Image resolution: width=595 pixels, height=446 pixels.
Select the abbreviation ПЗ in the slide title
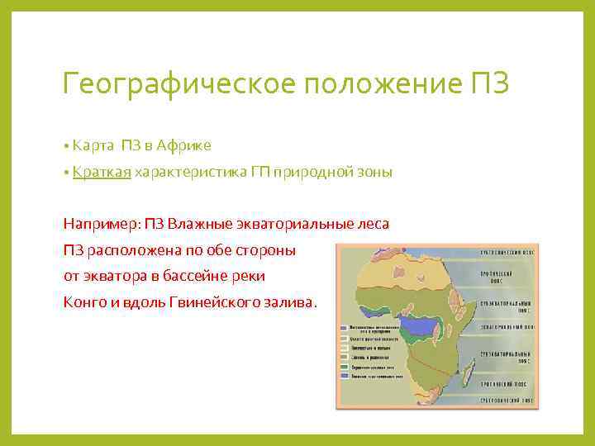[x=493, y=84]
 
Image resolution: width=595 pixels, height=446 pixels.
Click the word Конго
[x=82, y=301]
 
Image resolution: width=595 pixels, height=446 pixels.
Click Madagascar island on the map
[x=469, y=364]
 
